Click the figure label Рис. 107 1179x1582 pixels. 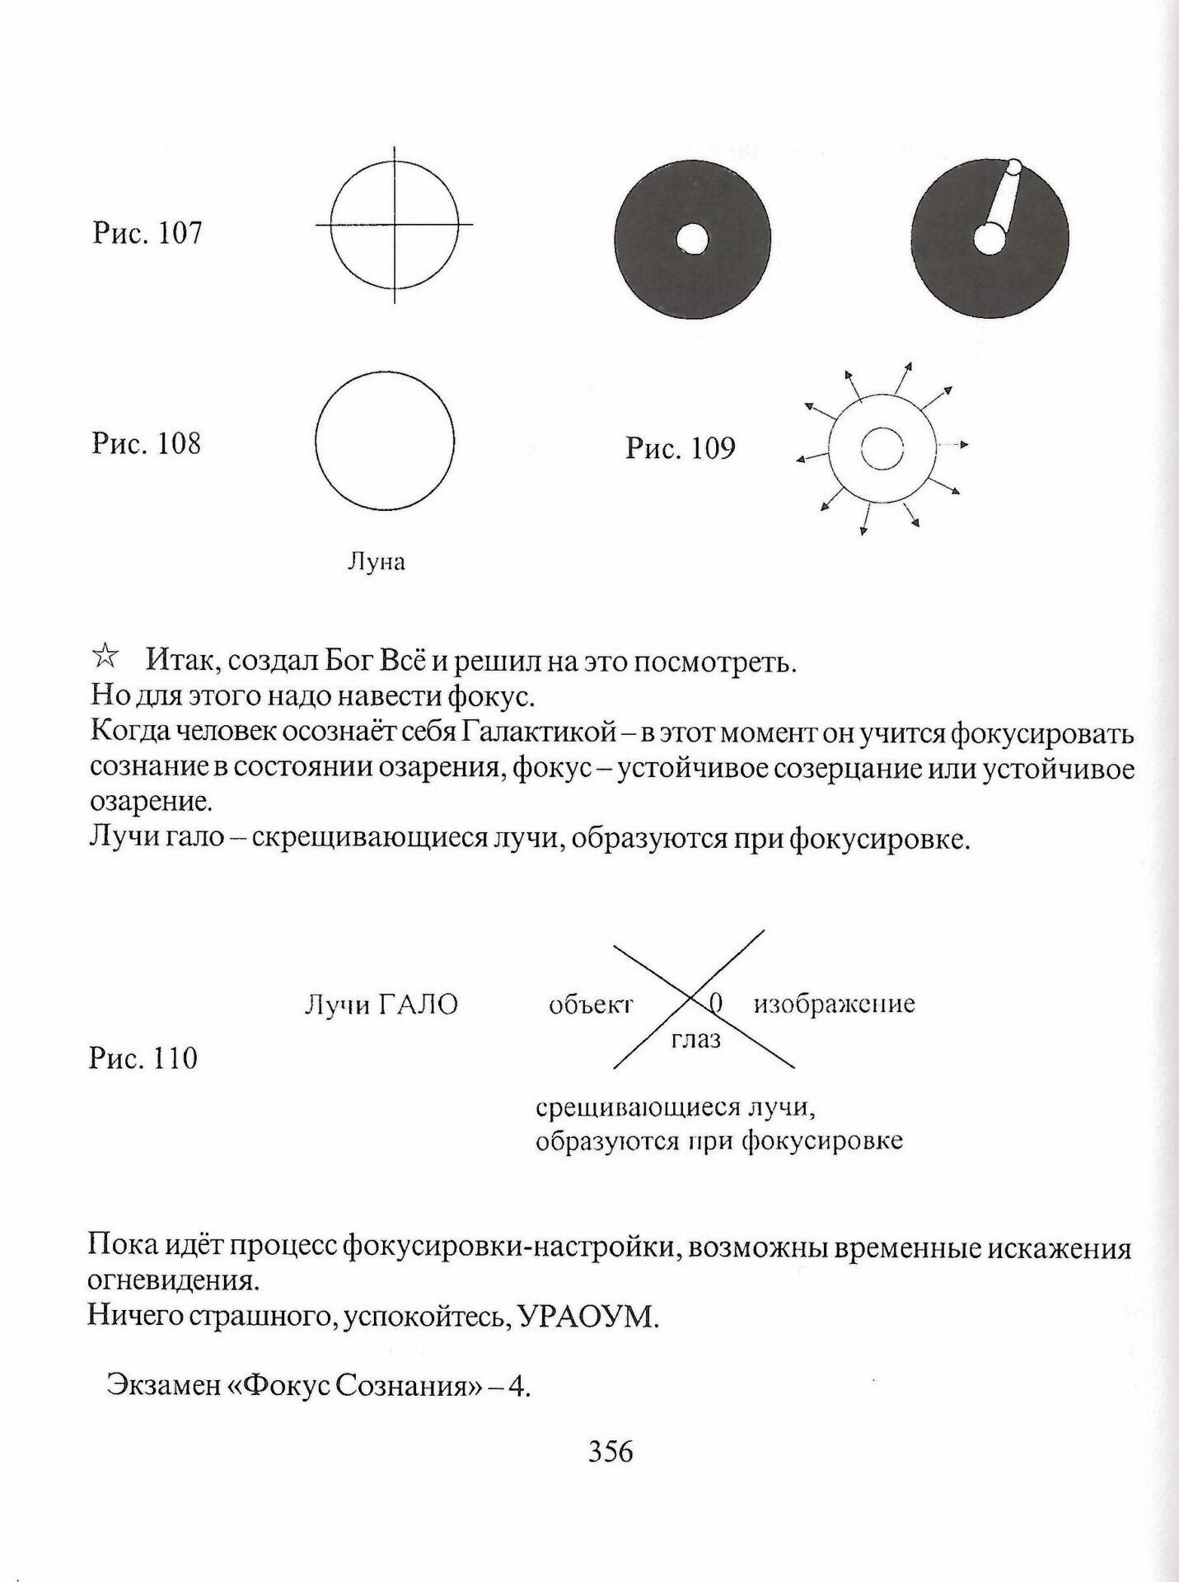point(147,233)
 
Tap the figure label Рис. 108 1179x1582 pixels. point(146,444)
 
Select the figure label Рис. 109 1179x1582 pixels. point(680,448)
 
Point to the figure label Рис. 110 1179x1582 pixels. point(143,1058)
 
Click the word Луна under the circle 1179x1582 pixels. point(377,563)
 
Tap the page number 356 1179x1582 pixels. point(611,1451)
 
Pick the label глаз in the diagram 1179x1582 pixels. point(696,1040)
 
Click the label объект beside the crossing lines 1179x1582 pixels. point(591,1004)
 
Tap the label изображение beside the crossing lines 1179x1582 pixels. point(834,1004)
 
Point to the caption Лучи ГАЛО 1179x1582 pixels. point(381,1004)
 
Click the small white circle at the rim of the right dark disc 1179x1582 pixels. point(1014,167)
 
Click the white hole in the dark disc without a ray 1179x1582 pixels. point(692,240)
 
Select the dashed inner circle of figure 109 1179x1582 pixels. point(882,450)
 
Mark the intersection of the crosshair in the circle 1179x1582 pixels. point(394,224)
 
